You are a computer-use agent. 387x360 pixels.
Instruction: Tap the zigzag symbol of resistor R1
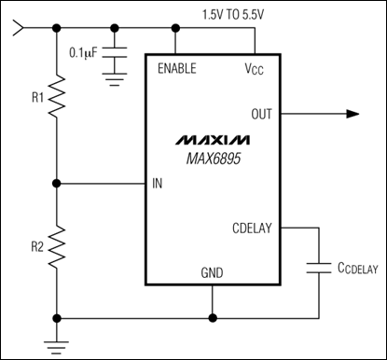[x=58, y=96]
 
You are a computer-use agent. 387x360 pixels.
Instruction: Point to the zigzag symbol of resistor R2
[x=58, y=247]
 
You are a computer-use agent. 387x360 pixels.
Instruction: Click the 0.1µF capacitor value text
[x=86, y=52]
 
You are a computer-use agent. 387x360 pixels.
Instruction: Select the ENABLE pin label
[x=177, y=68]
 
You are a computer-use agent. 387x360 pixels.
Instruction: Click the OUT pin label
[x=262, y=114]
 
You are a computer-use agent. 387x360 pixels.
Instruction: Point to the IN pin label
[x=158, y=183]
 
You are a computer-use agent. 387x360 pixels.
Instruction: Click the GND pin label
[x=213, y=273]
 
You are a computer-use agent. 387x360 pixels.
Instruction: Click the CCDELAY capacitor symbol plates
[x=319, y=270]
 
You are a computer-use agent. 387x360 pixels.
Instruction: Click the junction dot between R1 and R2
[x=58, y=183]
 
